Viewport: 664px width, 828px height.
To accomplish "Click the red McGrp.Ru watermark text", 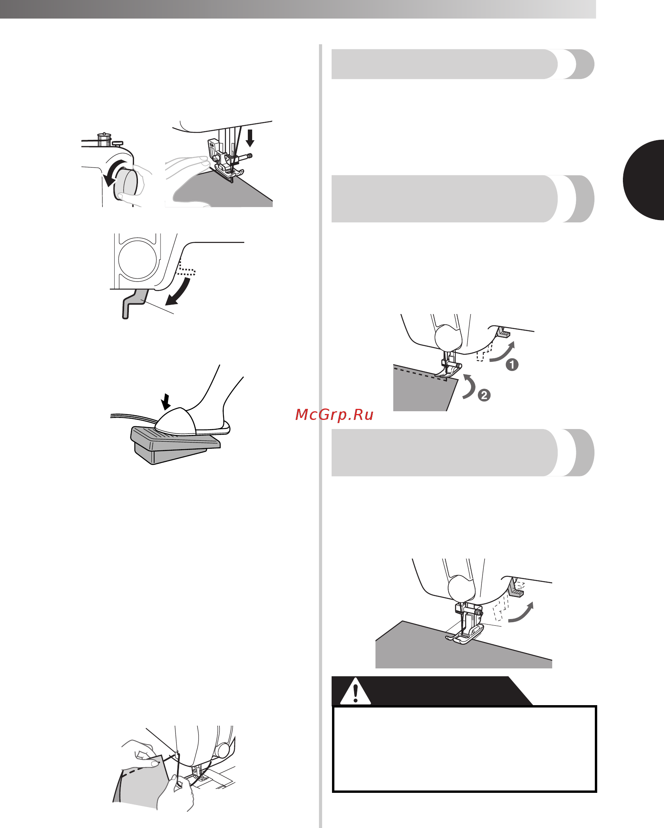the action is pos(334,414).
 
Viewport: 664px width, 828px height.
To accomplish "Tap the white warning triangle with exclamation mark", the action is pos(355,691).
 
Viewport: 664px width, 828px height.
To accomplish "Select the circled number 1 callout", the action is pos(512,365).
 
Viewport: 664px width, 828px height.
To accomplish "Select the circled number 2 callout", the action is pos(484,395).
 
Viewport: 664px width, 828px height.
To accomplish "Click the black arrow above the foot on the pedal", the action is pos(166,401).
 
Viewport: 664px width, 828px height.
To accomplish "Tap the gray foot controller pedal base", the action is pos(174,446).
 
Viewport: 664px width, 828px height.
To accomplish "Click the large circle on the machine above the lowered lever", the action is pos(138,259).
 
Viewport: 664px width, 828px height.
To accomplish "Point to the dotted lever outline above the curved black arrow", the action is pos(186,267).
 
